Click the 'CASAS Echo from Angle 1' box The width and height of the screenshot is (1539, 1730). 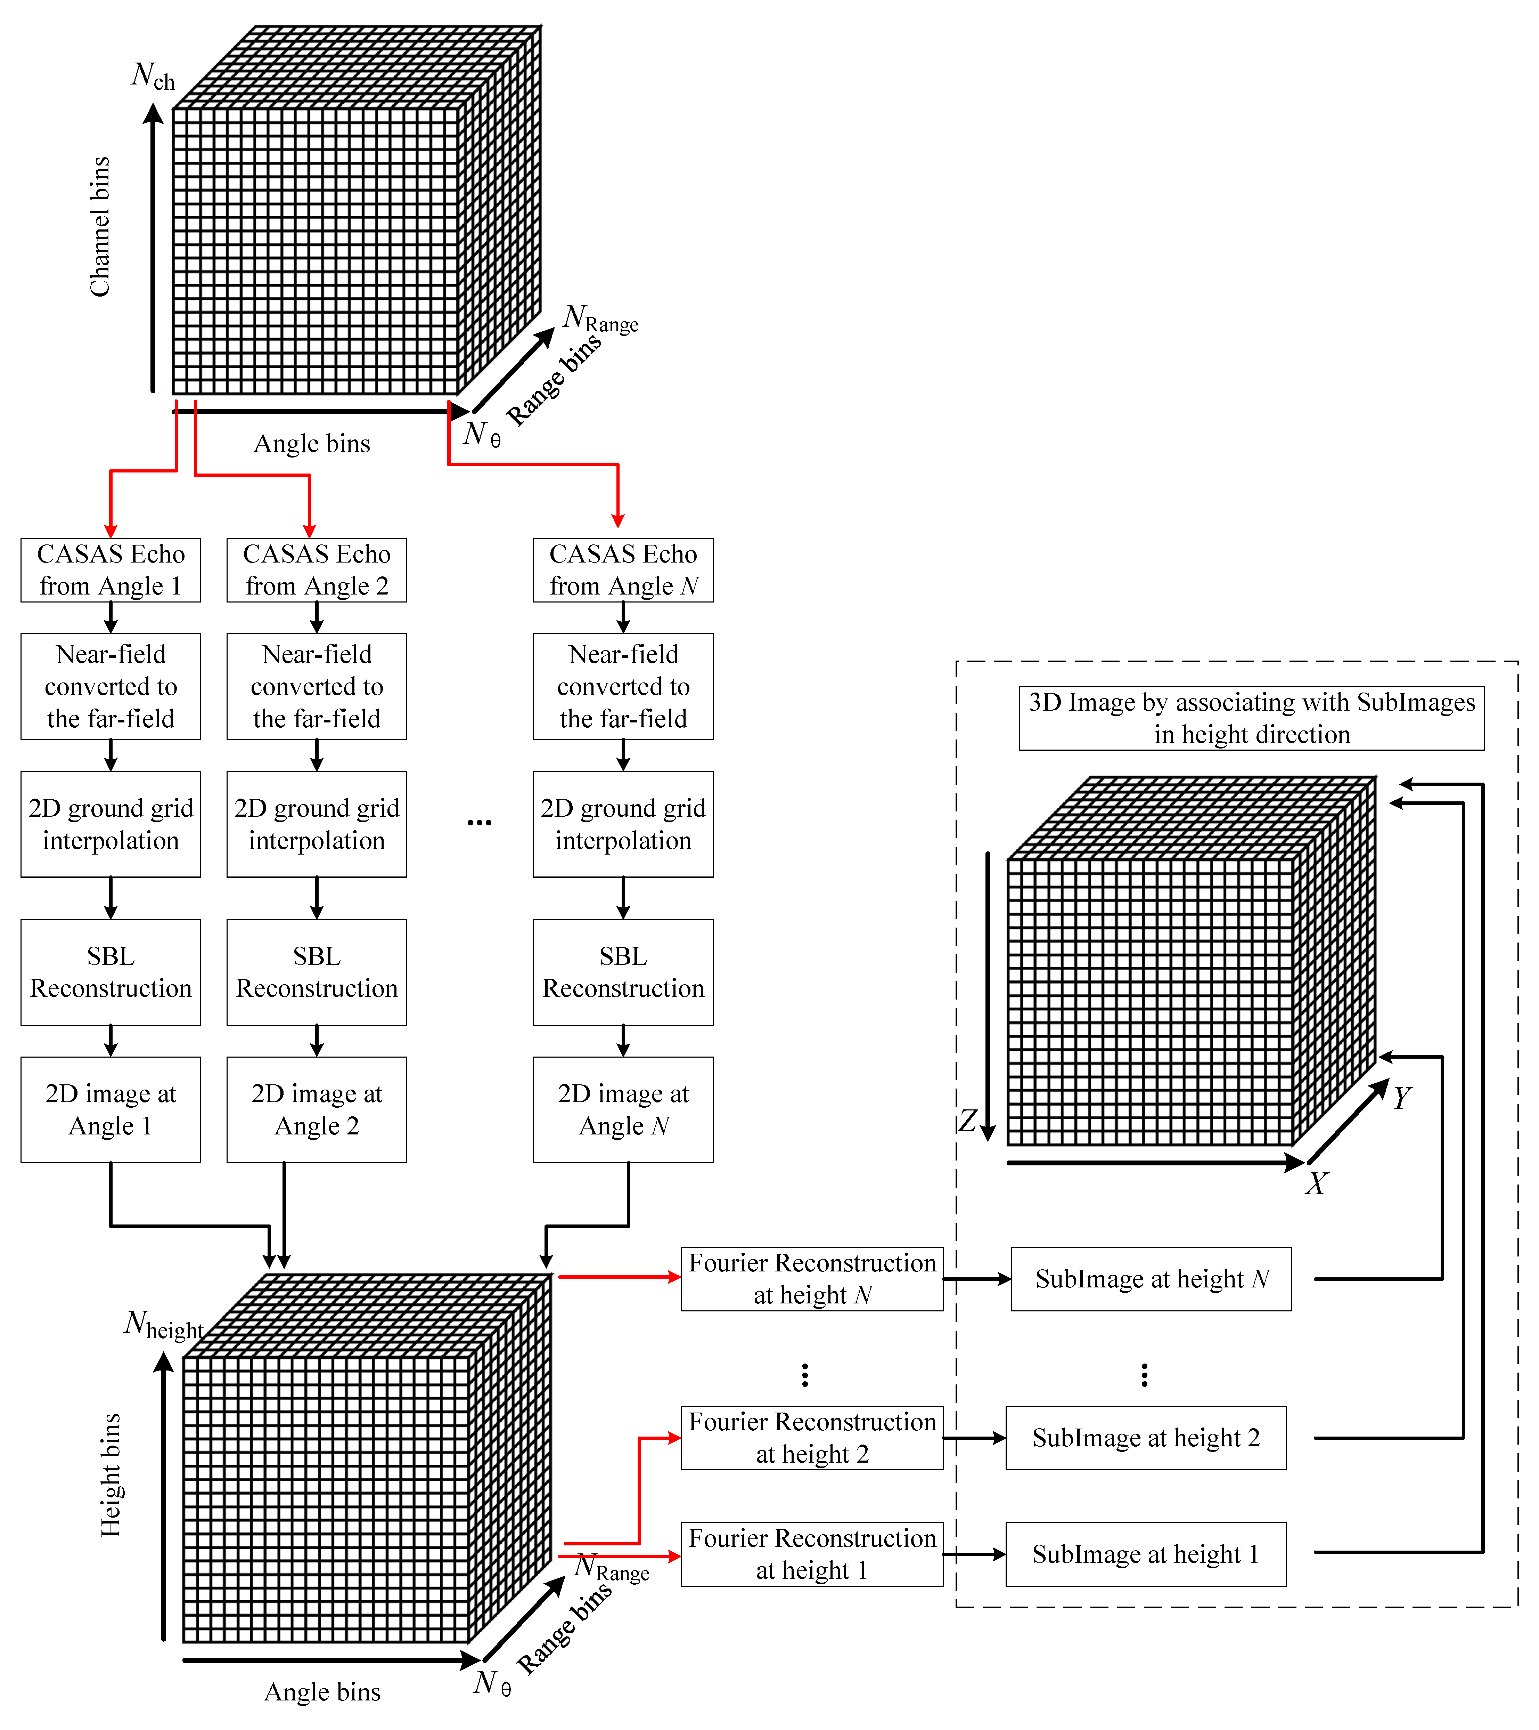[x=111, y=569]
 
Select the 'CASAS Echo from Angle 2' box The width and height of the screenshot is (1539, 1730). [x=317, y=569]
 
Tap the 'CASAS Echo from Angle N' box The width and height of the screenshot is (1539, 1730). [x=623, y=569]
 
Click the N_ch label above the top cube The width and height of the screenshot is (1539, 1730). [x=152, y=76]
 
